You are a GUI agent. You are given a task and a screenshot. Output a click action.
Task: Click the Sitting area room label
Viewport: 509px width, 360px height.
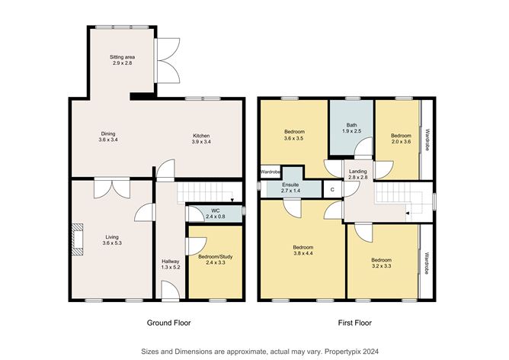pyautogui.click(x=123, y=59)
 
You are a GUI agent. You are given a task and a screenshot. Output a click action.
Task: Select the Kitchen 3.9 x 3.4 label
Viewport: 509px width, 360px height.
pyautogui.click(x=201, y=138)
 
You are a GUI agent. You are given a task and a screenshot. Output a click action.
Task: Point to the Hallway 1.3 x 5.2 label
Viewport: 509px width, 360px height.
pyautogui.click(x=170, y=265)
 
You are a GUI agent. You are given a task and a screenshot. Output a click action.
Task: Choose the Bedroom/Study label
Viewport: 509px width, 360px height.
pyautogui.click(x=215, y=261)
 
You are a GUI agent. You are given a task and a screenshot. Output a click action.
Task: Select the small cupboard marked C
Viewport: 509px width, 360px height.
pyautogui.click(x=332, y=189)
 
